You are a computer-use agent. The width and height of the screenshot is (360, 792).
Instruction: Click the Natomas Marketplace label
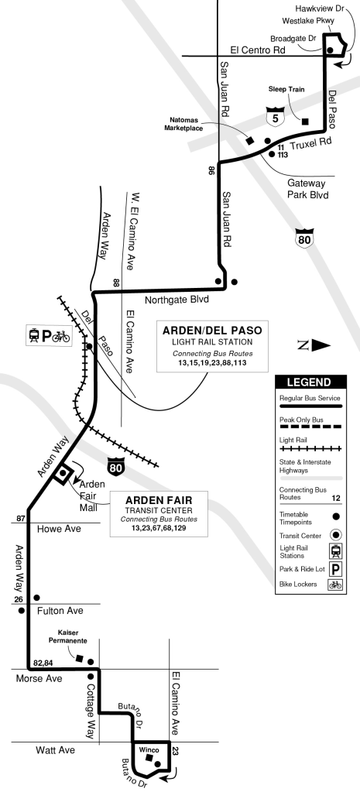[x=191, y=125]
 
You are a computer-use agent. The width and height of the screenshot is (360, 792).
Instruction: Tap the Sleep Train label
[x=287, y=89]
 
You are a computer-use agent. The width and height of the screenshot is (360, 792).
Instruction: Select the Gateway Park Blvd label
[x=309, y=189]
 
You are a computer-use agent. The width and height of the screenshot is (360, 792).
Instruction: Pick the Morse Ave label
[x=39, y=678]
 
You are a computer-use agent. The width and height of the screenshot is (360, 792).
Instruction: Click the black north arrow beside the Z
[x=321, y=345]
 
